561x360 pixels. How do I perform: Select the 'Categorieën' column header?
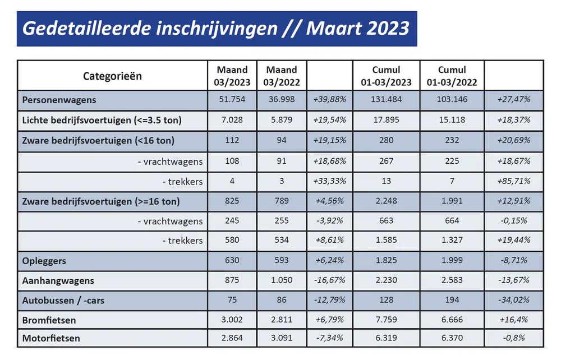click(112, 76)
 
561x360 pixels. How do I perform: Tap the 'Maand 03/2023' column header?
click(232, 76)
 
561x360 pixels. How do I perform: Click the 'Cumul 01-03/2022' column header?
click(452, 76)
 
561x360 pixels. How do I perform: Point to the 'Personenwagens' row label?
click(59, 100)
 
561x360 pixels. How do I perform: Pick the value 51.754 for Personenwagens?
click(232, 100)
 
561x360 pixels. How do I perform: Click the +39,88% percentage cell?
click(330, 100)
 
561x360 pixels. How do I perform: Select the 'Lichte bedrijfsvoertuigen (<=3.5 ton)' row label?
click(102, 121)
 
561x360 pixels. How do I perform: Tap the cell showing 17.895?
click(386, 121)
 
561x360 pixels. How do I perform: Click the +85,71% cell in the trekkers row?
click(513, 181)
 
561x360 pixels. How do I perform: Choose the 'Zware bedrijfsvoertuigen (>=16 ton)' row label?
click(101, 201)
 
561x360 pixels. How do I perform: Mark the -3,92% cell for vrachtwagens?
click(330, 221)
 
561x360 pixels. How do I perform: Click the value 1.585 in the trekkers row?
click(386, 241)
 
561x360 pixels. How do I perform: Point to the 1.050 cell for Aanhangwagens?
click(282, 280)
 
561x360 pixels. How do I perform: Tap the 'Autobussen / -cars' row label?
click(63, 301)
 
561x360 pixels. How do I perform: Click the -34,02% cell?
click(513, 301)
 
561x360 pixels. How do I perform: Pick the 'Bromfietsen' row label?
click(49, 320)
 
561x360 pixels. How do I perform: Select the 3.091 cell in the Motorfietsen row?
click(282, 339)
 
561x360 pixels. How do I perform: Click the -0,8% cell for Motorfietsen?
click(513, 339)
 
